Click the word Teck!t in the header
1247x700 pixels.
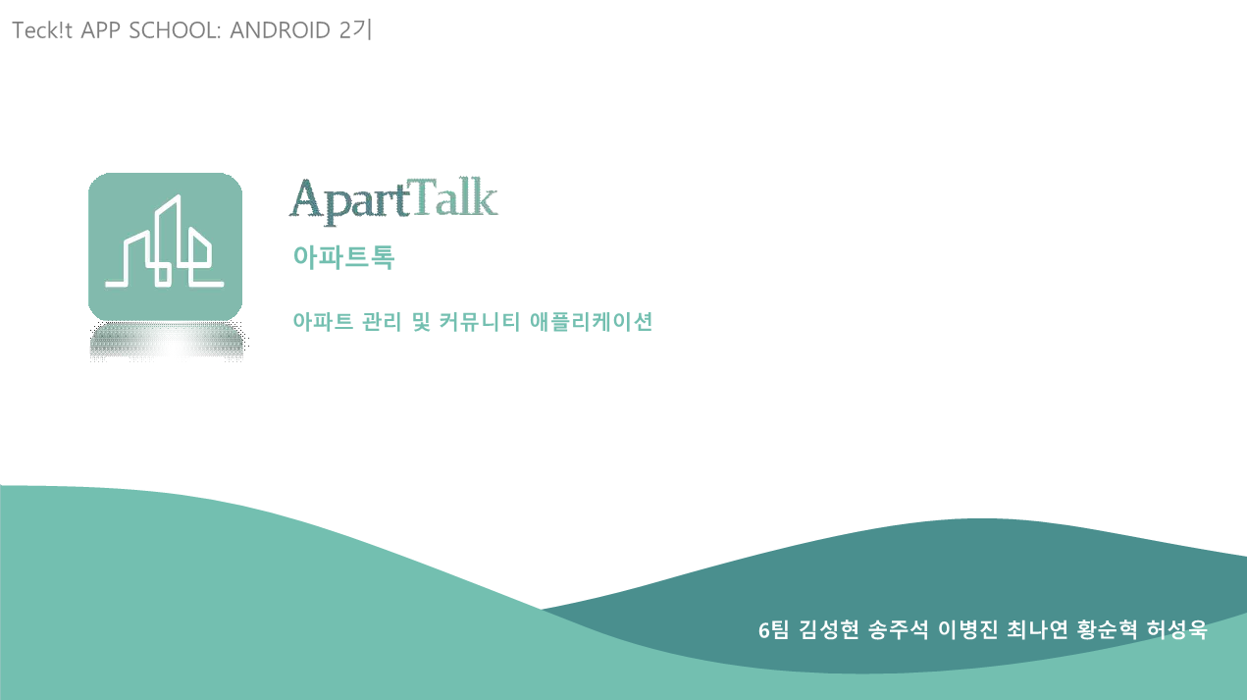point(42,30)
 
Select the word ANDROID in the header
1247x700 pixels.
point(280,30)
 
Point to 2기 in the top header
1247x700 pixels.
point(355,30)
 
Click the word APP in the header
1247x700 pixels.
point(101,30)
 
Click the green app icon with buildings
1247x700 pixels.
point(166,246)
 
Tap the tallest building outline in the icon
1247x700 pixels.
point(168,241)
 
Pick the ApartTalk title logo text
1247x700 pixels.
point(393,200)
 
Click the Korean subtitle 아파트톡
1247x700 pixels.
point(344,257)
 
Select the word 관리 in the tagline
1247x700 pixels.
point(382,322)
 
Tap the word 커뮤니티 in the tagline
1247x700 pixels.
point(480,322)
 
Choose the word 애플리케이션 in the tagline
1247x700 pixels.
point(592,322)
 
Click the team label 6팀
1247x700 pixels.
point(774,630)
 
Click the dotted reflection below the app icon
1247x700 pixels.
point(167,342)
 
